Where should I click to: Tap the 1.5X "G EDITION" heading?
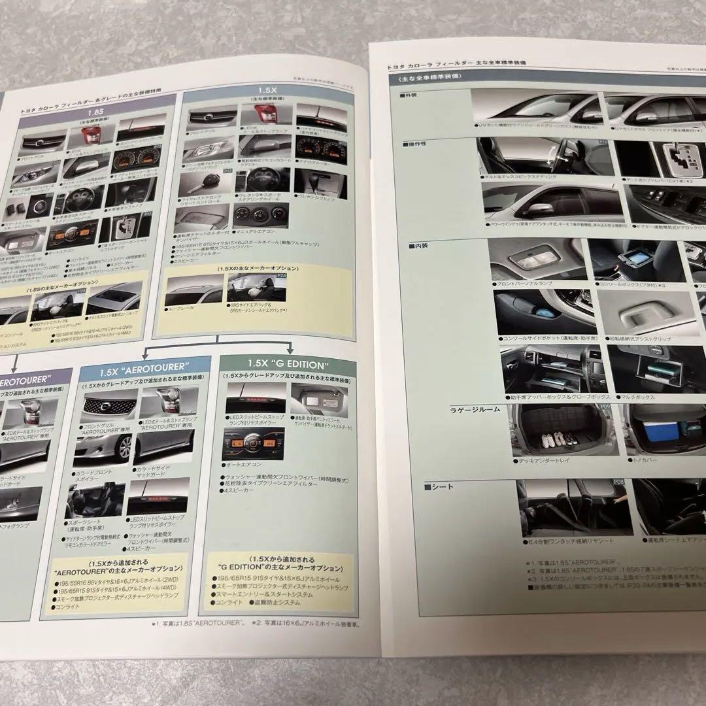(x=288, y=363)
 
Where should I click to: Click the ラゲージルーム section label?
(x=475, y=409)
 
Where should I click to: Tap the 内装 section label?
(x=420, y=246)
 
